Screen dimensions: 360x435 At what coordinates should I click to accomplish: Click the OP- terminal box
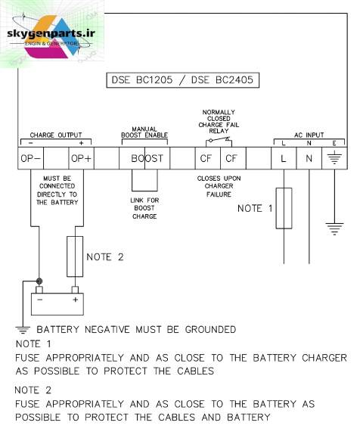30,158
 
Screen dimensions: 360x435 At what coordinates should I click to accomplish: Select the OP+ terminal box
81,158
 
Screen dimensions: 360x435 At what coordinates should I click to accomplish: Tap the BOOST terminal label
147,158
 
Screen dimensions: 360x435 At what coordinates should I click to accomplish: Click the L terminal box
284,158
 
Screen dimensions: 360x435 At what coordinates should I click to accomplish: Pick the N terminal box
309,158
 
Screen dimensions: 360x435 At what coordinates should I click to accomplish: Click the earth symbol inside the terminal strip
334,157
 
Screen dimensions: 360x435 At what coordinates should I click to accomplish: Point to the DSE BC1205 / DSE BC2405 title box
183,80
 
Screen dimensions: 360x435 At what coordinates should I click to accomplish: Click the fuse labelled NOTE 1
284,208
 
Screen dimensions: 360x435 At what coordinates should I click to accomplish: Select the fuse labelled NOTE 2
75,256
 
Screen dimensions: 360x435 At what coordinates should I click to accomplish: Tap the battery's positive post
75,290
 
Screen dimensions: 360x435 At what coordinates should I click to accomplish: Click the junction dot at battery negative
39,281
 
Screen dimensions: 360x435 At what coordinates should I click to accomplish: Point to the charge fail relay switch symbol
219,141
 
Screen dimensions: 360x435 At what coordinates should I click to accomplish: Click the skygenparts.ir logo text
51,33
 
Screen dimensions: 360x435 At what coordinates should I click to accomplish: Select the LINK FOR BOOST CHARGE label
144,208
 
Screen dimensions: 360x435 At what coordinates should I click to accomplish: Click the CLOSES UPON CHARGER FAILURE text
219,186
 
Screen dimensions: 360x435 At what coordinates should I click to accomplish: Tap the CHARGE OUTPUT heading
56,135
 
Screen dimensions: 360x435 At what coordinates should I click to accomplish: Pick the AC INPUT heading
309,135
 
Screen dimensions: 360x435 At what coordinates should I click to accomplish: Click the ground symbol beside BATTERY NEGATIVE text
23,330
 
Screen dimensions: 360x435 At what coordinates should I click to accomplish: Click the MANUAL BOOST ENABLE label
144,132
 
